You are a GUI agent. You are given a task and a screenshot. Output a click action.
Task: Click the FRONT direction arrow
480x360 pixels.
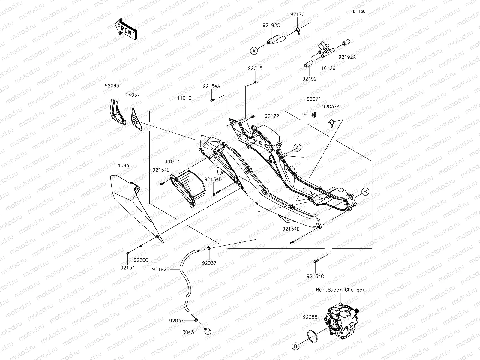point(126,29)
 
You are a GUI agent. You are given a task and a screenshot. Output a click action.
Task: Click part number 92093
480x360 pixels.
point(112,86)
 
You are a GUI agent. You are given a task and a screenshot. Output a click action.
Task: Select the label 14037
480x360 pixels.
point(133,95)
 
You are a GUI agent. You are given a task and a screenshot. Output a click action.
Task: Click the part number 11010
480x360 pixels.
point(184,98)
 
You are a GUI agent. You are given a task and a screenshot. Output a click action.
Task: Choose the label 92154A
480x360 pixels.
point(211,86)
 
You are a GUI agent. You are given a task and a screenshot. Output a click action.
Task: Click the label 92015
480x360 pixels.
point(255,68)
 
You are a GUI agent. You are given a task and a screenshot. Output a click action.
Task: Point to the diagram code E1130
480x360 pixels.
point(359,11)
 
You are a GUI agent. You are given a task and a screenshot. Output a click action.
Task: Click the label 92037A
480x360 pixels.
point(331,106)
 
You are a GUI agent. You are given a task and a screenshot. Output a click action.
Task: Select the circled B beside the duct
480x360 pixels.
point(365,192)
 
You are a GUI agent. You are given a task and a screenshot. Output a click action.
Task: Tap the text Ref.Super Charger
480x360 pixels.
point(340,290)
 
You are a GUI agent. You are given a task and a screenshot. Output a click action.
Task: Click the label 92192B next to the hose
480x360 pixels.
point(161,269)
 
